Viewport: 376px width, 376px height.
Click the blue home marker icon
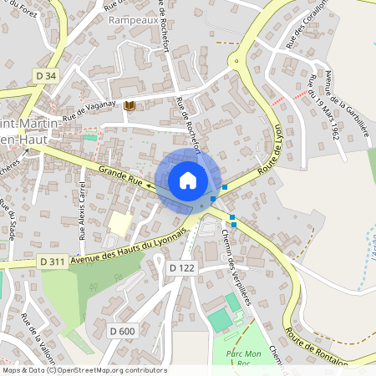(x=187, y=180)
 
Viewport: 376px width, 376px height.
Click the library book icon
(x=129, y=105)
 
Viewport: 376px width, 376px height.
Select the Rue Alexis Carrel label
(x=82, y=210)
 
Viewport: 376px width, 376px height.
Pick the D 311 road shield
(x=52, y=262)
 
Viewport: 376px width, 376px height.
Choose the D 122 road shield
(x=181, y=267)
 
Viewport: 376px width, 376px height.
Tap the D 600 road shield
(x=122, y=332)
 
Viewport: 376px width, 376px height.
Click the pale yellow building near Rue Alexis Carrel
(x=119, y=223)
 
